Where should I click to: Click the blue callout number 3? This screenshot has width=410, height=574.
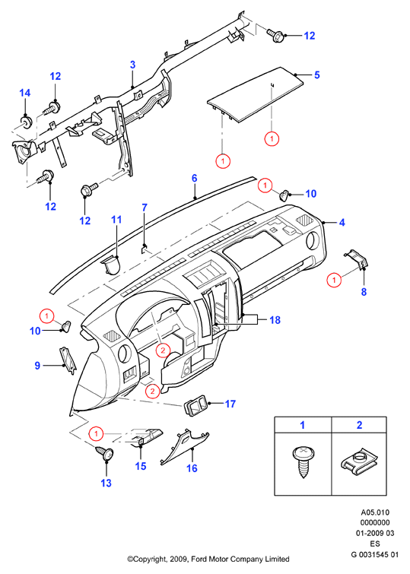pos(132,65)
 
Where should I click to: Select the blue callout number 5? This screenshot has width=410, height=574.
pos(317,75)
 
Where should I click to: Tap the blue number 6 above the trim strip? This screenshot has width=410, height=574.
pos(194,178)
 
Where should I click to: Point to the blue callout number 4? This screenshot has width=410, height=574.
pos(342,222)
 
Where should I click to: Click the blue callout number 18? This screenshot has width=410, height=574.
pos(275,320)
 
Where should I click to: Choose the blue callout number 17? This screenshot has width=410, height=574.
pos(230,404)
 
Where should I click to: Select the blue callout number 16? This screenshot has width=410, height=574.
pos(192,468)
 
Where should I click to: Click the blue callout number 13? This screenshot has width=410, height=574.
pos(106,484)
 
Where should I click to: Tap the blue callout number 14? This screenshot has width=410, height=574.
pos(24,93)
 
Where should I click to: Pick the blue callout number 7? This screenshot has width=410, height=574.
pos(145,208)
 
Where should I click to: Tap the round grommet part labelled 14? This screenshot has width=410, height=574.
pos(26,121)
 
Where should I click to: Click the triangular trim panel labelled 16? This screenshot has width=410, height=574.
pos(184,446)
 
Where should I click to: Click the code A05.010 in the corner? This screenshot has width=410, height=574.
pos(375,512)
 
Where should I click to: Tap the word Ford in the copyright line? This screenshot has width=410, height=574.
pos(200,560)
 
